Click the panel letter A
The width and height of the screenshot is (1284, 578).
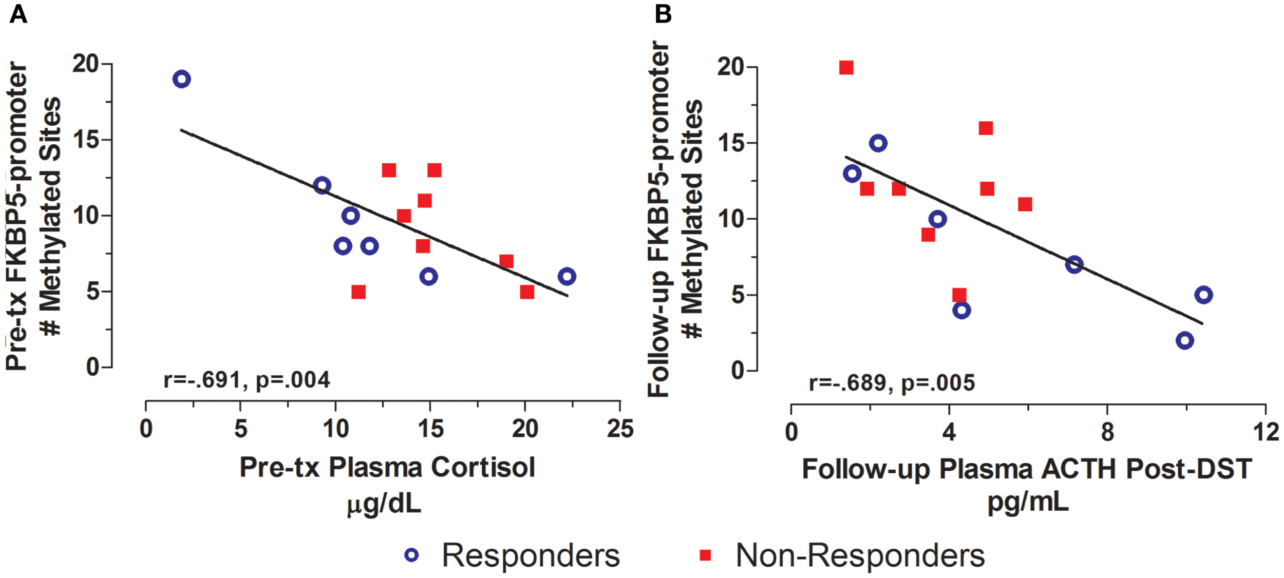[18, 14]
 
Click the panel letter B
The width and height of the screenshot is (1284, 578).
[663, 14]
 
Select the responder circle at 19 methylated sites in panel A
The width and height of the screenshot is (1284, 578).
[182, 79]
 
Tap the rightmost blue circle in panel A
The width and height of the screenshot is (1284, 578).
[567, 276]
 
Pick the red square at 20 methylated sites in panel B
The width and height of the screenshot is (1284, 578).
[846, 68]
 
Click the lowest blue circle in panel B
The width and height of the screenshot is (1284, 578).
[1184, 340]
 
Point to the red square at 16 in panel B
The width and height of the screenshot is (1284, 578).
[985, 128]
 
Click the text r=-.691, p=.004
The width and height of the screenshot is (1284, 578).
[247, 380]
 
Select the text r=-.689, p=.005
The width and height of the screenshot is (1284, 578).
[892, 383]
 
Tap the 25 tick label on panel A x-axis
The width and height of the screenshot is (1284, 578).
[620, 429]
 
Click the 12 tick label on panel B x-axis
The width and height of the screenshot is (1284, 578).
[1266, 432]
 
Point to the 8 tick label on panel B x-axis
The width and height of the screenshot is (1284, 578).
[1107, 432]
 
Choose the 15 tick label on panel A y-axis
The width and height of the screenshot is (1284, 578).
[86, 140]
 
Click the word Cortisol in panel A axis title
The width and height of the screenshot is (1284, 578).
[483, 468]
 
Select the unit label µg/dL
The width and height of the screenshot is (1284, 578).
[384, 504]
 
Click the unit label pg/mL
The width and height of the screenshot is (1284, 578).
[1028, 502]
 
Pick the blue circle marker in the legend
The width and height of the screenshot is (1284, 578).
[411, 555]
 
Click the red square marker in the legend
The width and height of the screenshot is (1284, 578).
[706, 555]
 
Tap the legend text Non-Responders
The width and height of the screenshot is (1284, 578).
[860, 555]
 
